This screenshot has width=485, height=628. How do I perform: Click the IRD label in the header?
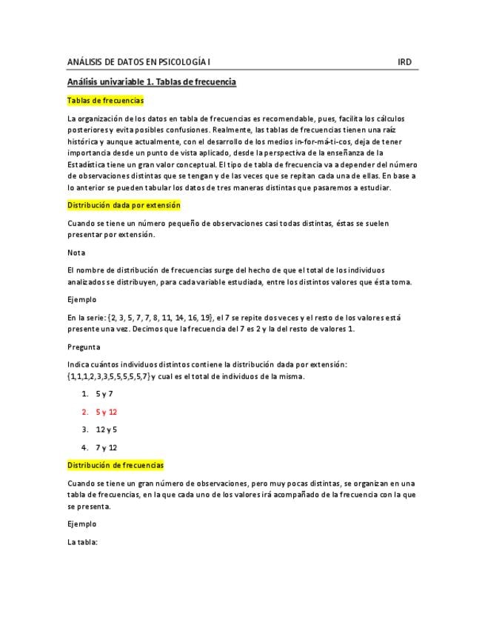(404, 62)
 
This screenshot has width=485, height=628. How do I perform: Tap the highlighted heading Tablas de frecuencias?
(105, 100)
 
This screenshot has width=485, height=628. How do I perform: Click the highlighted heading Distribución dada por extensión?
(124, 204)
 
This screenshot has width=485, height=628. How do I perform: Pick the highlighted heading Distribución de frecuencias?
(116, 465)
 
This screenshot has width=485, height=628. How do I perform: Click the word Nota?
(76, 253)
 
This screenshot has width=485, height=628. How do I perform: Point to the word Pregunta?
(84, 347)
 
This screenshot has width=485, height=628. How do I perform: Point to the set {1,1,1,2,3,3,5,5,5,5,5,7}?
(109, 376)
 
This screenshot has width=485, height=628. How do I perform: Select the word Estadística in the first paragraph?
(87, 164)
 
